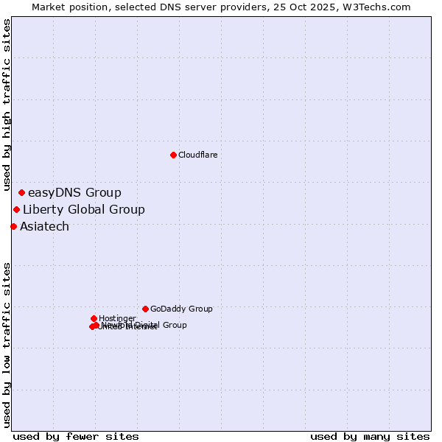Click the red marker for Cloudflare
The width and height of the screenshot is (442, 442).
[x=173, y=155]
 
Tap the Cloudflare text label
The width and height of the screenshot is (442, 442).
[x=197, y=155]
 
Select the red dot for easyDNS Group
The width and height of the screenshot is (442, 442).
[x=21, y=193]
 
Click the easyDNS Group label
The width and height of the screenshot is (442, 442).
[x=74, y=193]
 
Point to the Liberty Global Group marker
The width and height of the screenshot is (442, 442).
[x=16, y=210]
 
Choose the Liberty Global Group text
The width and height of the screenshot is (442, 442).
[x=83, y=210]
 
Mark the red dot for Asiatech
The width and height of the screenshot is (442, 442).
[x=13, y=226]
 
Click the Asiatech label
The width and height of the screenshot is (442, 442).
[x=44, y=227]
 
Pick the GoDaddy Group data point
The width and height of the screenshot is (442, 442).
[x=145, y=309]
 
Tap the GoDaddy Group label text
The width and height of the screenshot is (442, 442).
[x=181, y=309]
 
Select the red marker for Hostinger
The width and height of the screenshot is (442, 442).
[x=94, y=318]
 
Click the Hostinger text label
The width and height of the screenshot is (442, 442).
[x=117, y=318]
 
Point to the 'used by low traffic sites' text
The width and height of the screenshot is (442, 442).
[x=7, y=344]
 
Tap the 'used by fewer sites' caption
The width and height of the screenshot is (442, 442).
[x=76, y=436]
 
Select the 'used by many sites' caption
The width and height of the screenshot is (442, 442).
[x=370, y=436]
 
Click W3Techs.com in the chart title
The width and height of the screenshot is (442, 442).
[x=382, y=7]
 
